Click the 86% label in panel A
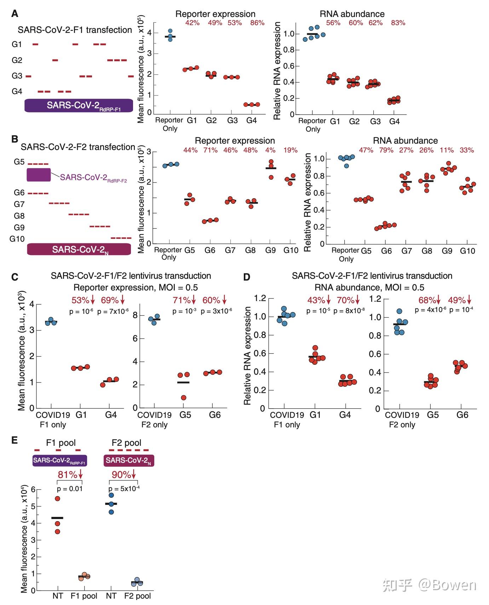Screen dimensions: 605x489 click(x=257, y=23)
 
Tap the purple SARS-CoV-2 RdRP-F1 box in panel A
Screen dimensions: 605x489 click(x=79, y=105)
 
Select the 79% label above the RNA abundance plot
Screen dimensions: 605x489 click(x=386, y=150)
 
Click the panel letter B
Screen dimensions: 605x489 click(x=15, y=139)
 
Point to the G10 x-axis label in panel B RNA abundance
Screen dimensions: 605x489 click(x=467, y=251)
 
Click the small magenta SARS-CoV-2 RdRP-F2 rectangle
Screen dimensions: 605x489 click(x=39, y=175)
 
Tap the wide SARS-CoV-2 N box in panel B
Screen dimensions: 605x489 click(x=79, y=249)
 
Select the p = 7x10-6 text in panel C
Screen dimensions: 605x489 click(x=113, y=311)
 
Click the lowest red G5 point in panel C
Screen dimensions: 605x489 click(x=183, y=398)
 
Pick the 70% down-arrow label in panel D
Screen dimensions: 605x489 click(x=348, y=300)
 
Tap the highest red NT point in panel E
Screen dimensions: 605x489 click(x=57, y=499)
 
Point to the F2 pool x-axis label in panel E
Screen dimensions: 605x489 click(x=137, y=596)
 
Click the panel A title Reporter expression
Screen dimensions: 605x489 click(x=215, y=14)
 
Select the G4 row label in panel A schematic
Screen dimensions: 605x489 click(x=17, y=92)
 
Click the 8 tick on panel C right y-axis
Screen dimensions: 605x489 click(x=134, y=315)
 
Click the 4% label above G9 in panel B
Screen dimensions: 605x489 click(x=270, y=150)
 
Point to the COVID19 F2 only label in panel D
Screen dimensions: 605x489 click(x=402, y=419)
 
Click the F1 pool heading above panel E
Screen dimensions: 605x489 click(x=61, y=443)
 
